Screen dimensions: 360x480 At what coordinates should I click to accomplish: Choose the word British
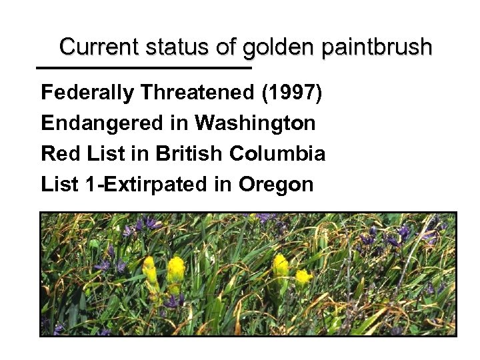click(x=189, y=153)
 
